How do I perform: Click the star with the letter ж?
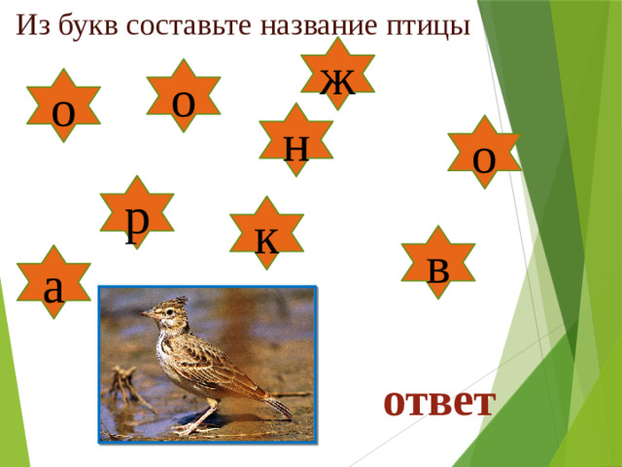pos(337,74)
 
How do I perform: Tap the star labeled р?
pos(138,213)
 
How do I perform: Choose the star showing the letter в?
pos(439,263)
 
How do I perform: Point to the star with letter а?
pos(54,282)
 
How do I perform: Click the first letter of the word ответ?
pos(394,400)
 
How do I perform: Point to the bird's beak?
pos(143,313)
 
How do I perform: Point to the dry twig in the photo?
pos(124,384)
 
